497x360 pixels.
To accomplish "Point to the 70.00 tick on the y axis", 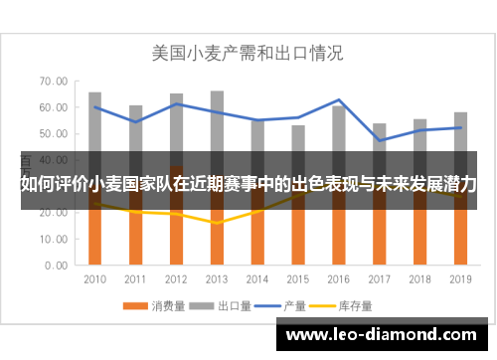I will pyautogui.click(x=54, y=81).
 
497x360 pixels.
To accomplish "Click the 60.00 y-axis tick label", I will pyautogui.click(x=54, y=107).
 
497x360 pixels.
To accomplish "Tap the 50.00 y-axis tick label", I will pyautogui.click(x=54, y=133).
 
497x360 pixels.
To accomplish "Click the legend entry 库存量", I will pyautogui.click(x=347, y=304).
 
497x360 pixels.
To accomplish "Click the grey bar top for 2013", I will pyautogui.click(x=217, y=91).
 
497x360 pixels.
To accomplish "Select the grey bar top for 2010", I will pyautogui.click(x=95, y=93).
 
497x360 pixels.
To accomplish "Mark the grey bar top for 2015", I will pyautogui.click(x=298, y=126).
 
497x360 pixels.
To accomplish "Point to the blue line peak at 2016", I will pyautogui.click(x=339, y=100).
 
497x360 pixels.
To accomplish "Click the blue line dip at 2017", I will pyautogui.click(x=380, y=140).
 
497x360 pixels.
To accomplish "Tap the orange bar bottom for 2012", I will pyautogui.click(x=176, y=265).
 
